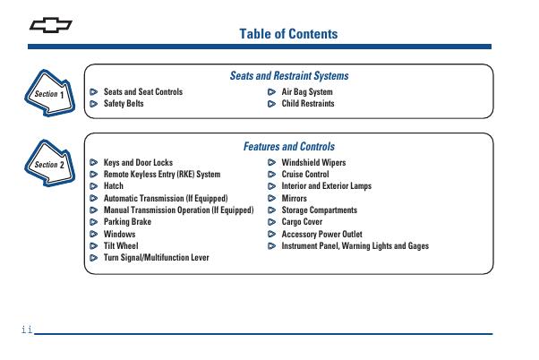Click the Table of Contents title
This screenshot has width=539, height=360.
pyautogui.click(x=288, y=34)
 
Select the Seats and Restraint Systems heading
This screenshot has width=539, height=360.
pyautogui.click(x=289, y=76)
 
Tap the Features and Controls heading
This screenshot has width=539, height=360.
pyautogui.click(x=289, y=147)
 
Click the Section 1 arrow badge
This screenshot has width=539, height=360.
pyautogui.click(x=48, y=92)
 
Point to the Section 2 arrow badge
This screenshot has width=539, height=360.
pyautogui.click(x=48, y=164)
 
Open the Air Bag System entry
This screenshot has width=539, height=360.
pyautogui.click(x=307, y=91)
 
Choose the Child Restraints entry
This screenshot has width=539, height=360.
pyautogui.click(x=308, y=104)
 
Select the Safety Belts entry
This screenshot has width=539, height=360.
pyautogui.click(x=124, y=104)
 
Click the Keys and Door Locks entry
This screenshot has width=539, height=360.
pyautogui.click(x=138, y=163)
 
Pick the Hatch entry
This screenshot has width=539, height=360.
pyautogui.click(x=114, y=186)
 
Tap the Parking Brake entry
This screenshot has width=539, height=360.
pyautogui.click(x=127, y=222)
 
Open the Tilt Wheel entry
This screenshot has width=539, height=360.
pyautogui.click(x=121, y=245)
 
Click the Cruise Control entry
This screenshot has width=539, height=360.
pyautogui.click(x=305, y=175)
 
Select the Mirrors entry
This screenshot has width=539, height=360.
pyautogui.click(x=295, y=199)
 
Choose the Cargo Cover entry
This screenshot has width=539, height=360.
pyautogui.click(x=302, y=222)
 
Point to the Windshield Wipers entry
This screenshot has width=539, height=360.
pyautogui.click(x=313, y=163)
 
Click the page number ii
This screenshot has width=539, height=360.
pyautogui.click(x=26, y=330)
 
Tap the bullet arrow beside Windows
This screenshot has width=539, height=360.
pyautogui.click(x=94, y=234)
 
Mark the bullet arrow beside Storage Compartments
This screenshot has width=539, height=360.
pyautogui.click(x=272, y=210)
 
